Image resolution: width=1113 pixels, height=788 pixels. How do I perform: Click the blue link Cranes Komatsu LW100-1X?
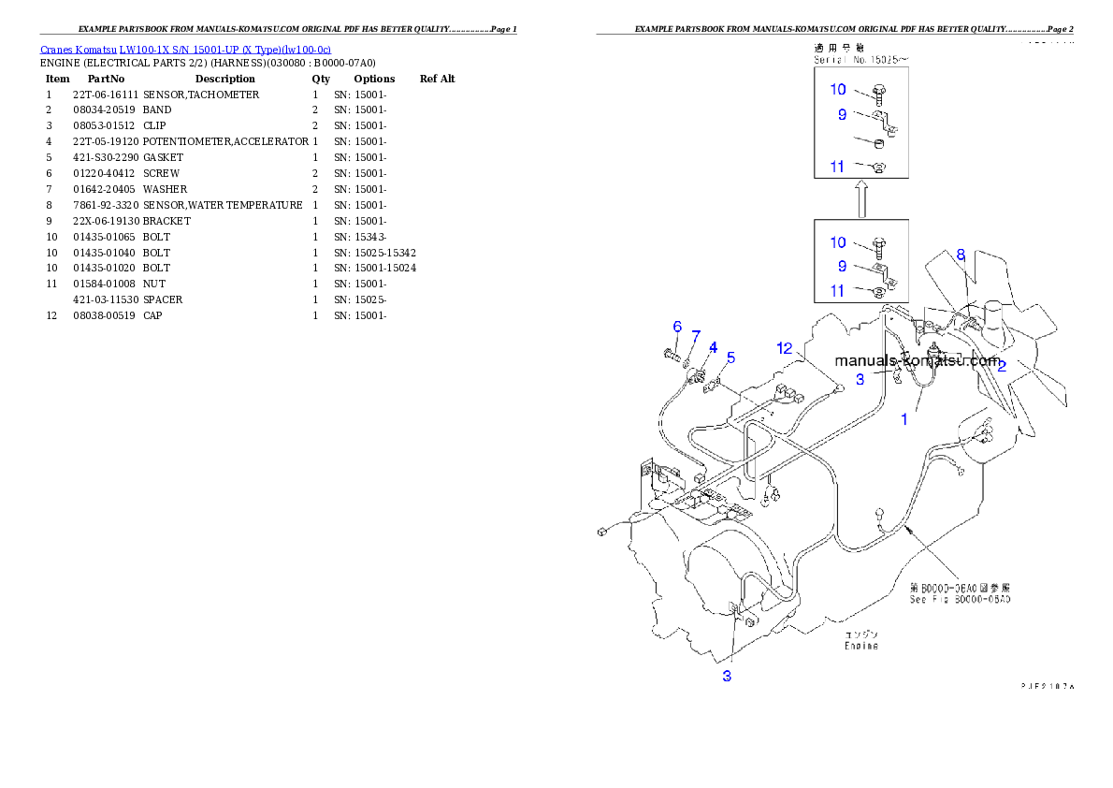185,50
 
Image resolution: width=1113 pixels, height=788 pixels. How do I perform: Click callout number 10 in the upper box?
838,90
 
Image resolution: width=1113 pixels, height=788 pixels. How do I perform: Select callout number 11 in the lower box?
838,291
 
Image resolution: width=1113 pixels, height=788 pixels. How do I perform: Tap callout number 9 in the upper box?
842,114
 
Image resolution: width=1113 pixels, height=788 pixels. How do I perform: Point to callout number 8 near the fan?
961,254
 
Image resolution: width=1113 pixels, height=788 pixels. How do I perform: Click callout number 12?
786,348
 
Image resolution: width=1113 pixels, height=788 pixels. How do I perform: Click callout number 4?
713,347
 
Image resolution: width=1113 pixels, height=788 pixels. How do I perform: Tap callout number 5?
730,357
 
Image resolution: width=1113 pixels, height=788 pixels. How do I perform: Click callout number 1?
904,419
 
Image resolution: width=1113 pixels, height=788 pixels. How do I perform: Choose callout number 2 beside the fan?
1001,366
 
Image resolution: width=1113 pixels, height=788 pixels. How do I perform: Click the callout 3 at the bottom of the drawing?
727,676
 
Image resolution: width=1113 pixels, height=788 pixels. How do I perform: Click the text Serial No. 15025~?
860,59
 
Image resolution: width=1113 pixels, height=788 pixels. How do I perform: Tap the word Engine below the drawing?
861,646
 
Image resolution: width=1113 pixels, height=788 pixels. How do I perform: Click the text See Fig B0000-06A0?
960,599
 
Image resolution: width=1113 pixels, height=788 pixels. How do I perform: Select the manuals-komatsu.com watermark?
917,360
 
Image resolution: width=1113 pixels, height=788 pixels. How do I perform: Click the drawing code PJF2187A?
1047,686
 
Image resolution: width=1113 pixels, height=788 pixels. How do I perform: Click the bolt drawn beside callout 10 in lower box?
879,245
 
